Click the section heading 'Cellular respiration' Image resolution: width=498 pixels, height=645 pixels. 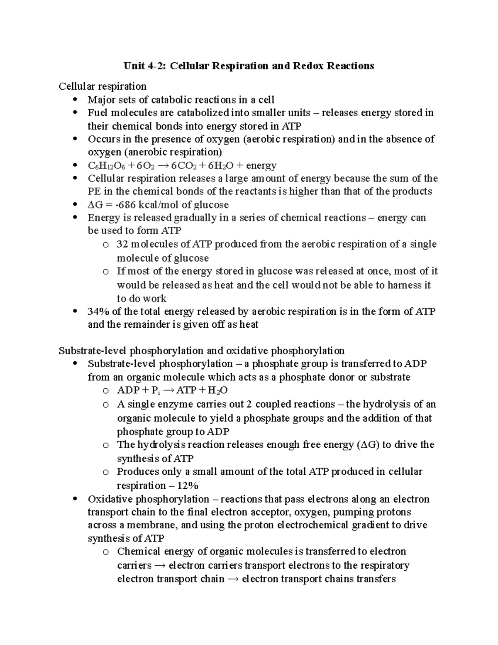pos(103,86)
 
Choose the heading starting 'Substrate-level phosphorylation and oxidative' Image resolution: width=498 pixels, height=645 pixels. pos(202,351)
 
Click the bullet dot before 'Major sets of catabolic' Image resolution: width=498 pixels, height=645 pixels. pos(75,100)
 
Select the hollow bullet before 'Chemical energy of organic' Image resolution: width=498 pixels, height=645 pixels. pos(106,552)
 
